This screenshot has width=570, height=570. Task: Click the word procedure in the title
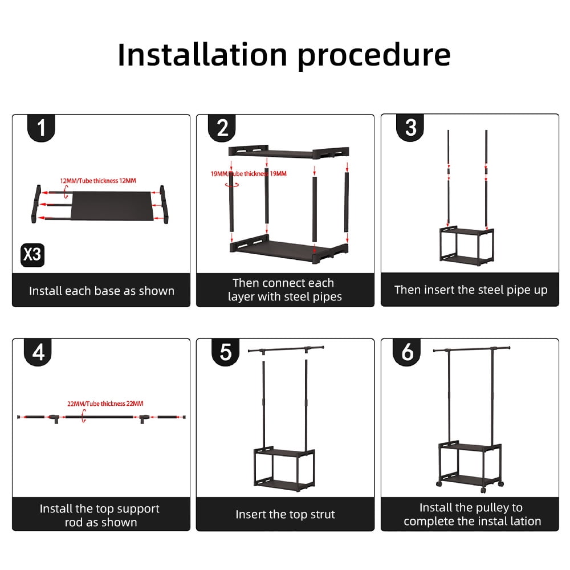pos(374,56)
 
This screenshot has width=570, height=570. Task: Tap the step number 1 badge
pos(42,128)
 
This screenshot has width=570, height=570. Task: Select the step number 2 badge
pos(222,128)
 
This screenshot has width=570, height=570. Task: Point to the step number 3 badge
pos(410,128)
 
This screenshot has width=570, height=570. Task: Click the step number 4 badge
pos(38,353)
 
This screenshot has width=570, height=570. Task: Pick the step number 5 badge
pos(226,353)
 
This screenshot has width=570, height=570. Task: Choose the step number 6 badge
pos(407,353)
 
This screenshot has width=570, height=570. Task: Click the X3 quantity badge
pos(32,254)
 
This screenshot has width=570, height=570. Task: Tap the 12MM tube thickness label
pos(98,181)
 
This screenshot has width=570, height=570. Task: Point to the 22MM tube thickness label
pos(105,404)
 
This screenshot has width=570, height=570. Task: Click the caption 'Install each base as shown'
pos(101,291)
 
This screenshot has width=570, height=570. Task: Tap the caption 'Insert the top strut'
pos(285,515)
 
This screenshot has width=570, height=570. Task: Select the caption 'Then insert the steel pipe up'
pos(470,290)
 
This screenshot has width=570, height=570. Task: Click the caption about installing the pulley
pos(470,514)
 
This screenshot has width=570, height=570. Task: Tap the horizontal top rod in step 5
pos(286,347)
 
